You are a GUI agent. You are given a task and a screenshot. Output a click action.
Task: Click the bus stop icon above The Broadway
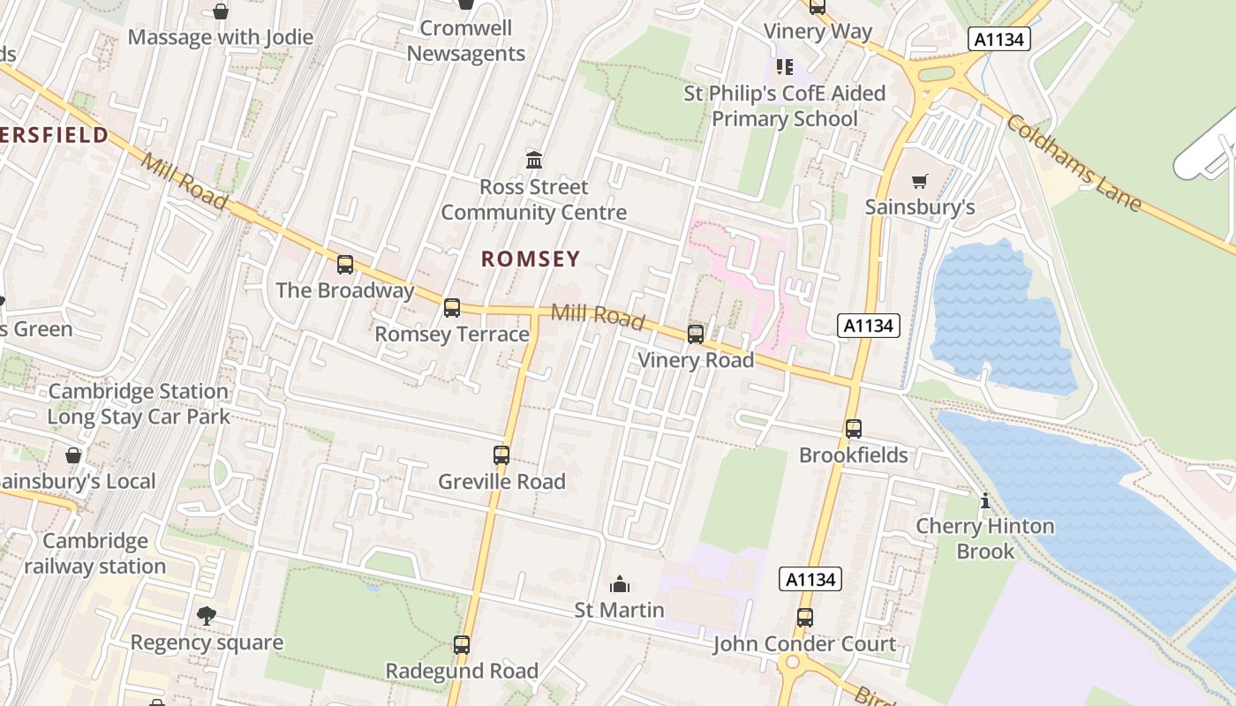coord(345,264)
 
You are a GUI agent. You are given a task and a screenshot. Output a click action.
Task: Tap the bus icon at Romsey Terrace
coord(452,308)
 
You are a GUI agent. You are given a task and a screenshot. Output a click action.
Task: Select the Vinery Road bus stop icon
coord(696,334)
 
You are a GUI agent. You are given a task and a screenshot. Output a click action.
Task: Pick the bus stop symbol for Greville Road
coord(501,455)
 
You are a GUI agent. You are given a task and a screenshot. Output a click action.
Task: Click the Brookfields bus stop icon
coord(853,429)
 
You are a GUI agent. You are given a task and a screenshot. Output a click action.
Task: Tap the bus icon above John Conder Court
coord(804,618)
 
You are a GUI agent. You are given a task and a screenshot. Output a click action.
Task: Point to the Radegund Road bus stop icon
coord(462,645)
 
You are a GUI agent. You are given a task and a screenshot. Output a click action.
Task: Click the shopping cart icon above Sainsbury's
coord(920,182)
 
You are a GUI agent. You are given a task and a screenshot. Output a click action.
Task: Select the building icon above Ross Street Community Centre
coord(534,161)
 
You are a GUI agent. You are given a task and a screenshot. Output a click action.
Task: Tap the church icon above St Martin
coord(620,584)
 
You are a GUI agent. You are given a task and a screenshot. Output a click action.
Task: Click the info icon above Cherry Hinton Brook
coord(985,501)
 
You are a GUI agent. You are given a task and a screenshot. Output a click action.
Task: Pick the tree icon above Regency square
coord(207,616)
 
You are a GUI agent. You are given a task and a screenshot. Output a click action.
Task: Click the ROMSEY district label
coord(531,259)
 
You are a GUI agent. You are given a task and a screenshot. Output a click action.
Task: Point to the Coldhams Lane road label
coord(1073,163)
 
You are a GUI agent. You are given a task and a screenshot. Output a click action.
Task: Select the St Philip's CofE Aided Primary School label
coord(784,106)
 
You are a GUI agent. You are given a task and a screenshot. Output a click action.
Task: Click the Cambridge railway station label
coord(94,553)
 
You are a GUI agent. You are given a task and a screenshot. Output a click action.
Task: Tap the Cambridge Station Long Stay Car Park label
coord(139,404)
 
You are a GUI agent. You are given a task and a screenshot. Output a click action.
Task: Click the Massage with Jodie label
coord(221,37)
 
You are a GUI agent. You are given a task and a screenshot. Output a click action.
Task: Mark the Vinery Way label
coord(818,32)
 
